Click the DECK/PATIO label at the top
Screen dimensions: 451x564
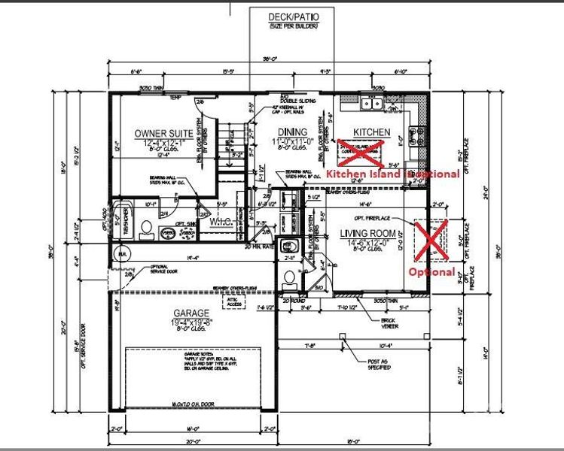coord(292,16)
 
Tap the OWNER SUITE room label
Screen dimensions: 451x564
coord(163,133)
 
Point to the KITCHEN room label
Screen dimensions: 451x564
coord(372,132)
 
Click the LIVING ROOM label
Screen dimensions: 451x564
coord(369,233)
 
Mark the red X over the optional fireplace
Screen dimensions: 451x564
coord(431,240)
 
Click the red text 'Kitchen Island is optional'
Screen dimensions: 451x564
coord(392,174)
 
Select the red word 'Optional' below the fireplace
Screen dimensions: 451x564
coord(431,271)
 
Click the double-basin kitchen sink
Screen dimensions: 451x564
coord(371,104)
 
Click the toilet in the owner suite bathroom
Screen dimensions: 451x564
coord(148,228)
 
